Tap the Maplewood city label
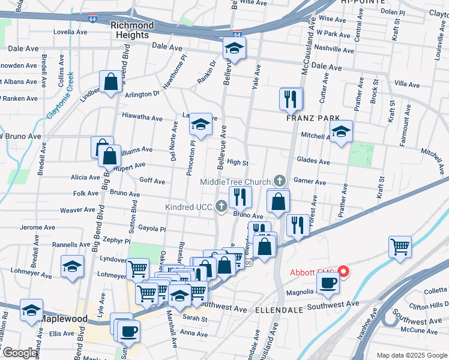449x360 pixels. point(64,319)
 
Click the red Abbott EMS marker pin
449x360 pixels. point(344,272)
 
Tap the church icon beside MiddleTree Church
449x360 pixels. point(280,180)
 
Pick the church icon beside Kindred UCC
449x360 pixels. point(221,207)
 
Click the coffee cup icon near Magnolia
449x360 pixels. point(327,286)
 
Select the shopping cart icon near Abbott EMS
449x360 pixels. point(400,247)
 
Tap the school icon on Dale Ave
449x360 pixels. point(234,49)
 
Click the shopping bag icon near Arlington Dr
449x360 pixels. point(110,83)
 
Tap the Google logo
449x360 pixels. point(20,353)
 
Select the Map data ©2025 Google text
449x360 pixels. point(411,355)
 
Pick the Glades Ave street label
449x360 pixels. point(313,161)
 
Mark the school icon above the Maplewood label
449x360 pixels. point(32,311)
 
